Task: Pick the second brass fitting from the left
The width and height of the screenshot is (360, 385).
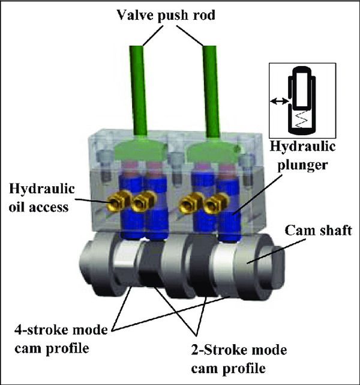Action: point(140,205)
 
